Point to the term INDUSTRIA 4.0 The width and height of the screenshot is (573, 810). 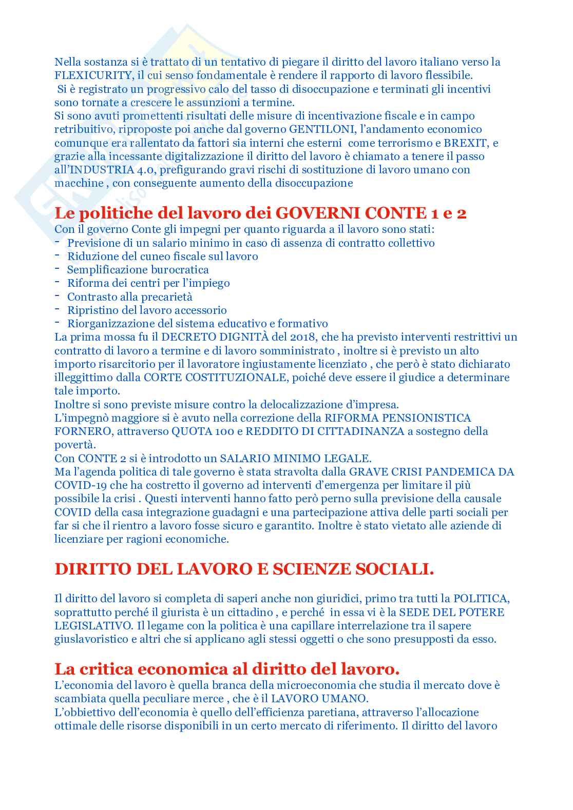(x=103, y=170)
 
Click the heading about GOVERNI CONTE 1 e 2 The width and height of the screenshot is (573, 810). (x=260, y=213)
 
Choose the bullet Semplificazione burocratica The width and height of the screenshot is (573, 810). (x=138, y=270)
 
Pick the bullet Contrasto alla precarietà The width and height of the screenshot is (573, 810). (x=130, y=297)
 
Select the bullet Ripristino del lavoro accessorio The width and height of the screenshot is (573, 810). (x=147, y=310)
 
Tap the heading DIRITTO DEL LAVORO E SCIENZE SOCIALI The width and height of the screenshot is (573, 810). (x=244, y=569)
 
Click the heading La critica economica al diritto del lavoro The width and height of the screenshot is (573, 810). (x=227, y=669)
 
